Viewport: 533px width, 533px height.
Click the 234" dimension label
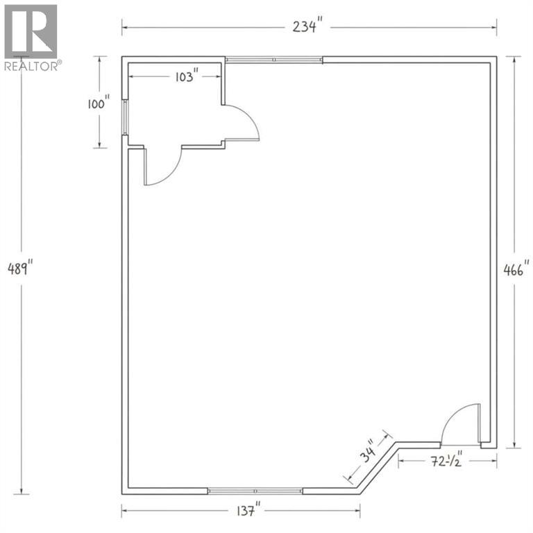(307, 26)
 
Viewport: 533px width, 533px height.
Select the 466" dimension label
(516, 270)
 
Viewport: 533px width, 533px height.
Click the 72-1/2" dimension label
(447, 461)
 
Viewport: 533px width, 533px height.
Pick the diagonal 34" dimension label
(368, 450)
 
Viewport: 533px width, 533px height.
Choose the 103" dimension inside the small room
(186, 76)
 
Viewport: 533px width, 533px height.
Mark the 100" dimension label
(99, 103)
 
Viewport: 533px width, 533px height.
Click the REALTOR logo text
(33, 66)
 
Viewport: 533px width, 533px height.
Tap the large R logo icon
(31, 31)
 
